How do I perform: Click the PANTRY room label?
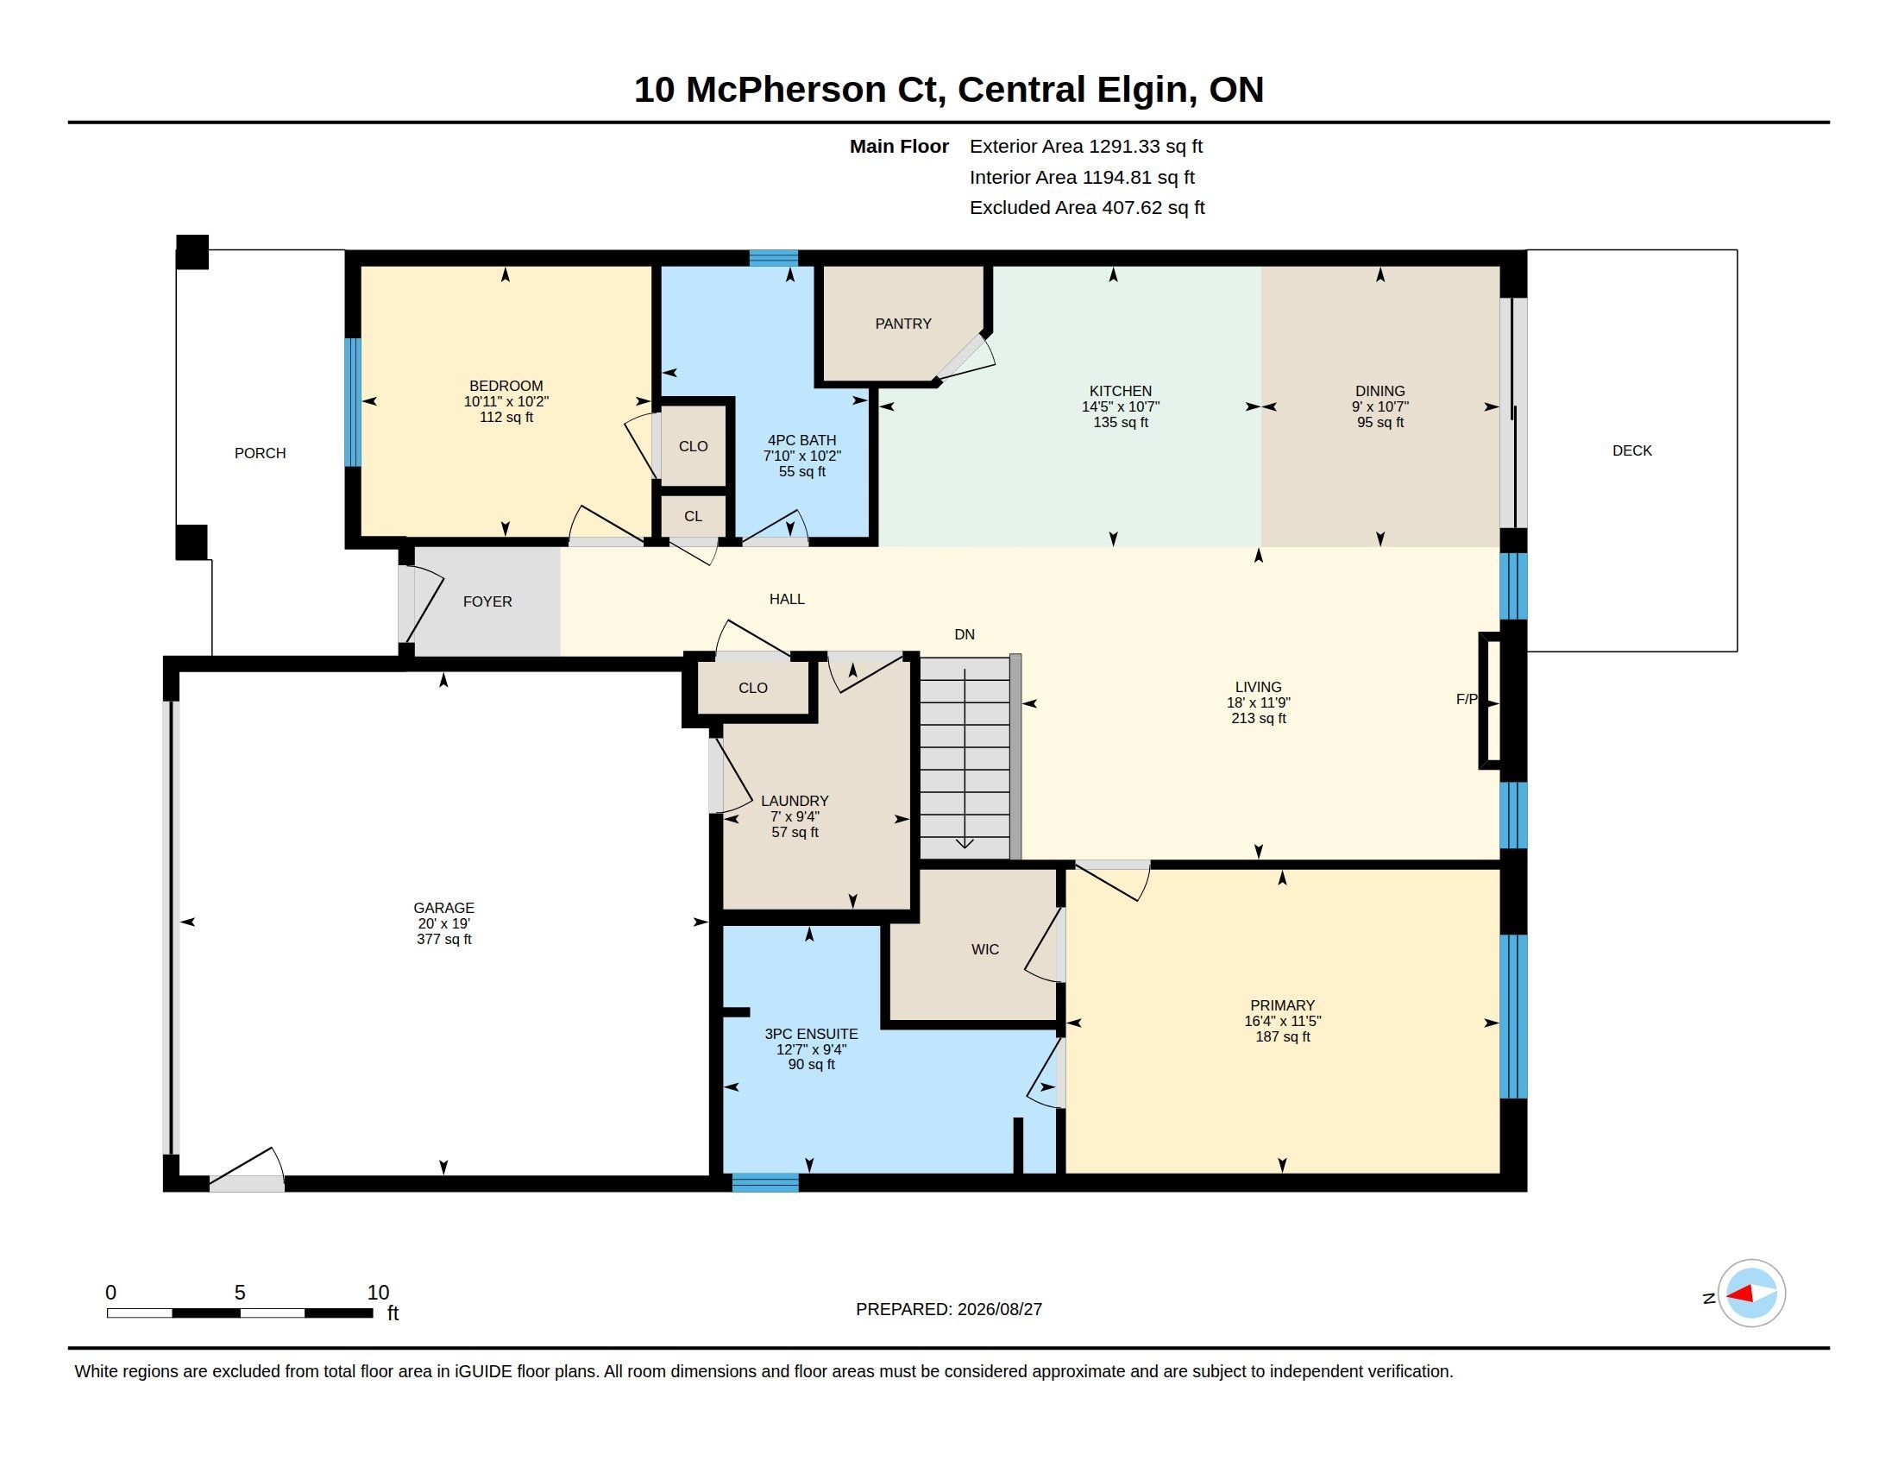(x=903, y=324)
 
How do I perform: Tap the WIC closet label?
(x=984, y=949)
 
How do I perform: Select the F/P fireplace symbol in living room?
(x=1490, y=701)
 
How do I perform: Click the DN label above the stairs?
(x=965, y=634)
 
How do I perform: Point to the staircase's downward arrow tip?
(x=965, y=847)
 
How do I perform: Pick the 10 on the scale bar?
(x=378, y=1293)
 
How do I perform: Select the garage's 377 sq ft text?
(x=444, y=940)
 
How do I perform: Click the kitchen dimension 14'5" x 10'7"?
(x=1120, y=406)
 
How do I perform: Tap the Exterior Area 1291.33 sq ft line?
(x=1085, y=147)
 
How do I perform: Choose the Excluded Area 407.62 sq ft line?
(x=1087, y=208)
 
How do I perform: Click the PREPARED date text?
(x=949, y=1309)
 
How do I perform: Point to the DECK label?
(x=1632, y=450)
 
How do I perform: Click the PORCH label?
(x=260, y=453)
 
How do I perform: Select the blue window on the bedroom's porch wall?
(x=352, y=402)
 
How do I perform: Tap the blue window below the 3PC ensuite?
(x=764, y=1183)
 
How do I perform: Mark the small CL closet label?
(x=693, y=516)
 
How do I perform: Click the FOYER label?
(x=487, y=601)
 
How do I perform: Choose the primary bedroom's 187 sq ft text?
(x=1283, y=1036)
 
